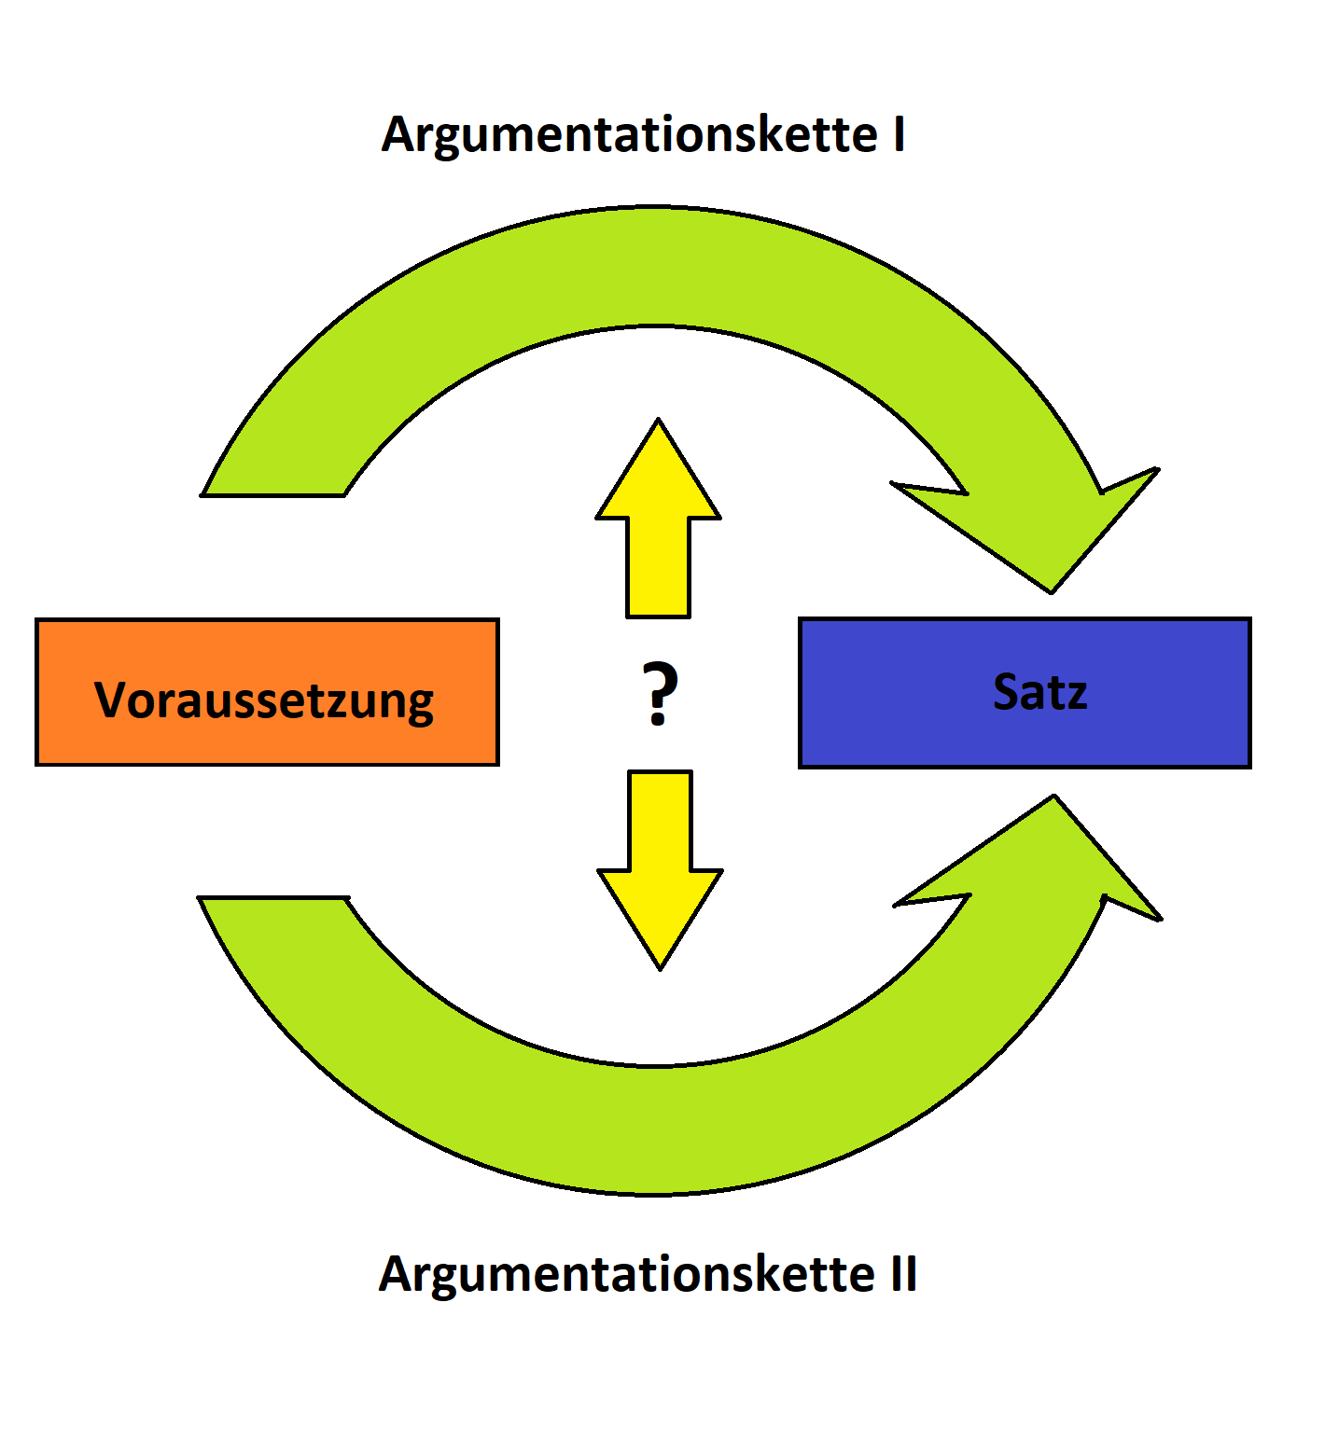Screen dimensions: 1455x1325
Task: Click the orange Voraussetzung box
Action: click(x=267, y=692)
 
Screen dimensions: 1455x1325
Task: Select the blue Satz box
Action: click(x=1025, y=692)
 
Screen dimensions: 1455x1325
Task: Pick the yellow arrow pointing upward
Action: click(x=659, y=532)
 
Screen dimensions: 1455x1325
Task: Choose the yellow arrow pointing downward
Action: click(x=661, y=858)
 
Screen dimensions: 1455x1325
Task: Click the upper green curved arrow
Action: click(x=653, y=266)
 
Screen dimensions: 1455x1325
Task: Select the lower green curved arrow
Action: click(x=653, y=1129)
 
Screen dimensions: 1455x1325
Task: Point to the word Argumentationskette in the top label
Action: click(x=629, y=136)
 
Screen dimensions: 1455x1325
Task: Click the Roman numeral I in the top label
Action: click(x=899, y=134)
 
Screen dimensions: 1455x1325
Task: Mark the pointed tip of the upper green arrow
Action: click(x=1051, y=589)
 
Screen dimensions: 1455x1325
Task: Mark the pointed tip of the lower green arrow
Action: click(x=1053, y=798)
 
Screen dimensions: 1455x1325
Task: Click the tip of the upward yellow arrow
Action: click(x=659, y=423)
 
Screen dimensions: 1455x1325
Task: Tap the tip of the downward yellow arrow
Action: click(x=661, y=965)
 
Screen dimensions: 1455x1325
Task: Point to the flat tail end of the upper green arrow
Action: click(x=272, y=493)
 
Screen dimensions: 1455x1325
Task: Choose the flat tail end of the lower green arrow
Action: click(x=272, y=898)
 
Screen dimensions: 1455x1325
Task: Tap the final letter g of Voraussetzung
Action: click(x=420, y=703)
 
